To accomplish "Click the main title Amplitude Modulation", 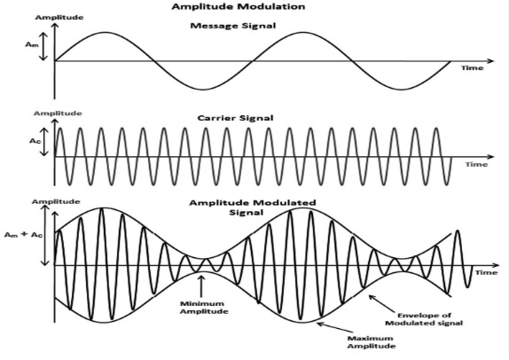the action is click(x=239, y=6).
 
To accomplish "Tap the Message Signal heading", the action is click(x=233, y=26).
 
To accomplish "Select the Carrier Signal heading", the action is click(x=235, y=118).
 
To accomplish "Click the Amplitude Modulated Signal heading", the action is click(x=253, y=207).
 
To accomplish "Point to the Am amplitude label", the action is click(x=32, y=44).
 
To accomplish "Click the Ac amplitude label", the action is click(x=35, y=141).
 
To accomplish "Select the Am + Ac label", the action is click(x=23, y=235).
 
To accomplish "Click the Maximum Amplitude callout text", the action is click(x=372, y=342).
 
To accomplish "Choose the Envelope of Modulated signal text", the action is click(x=424, y=319).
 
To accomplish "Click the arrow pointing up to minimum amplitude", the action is click(x=201, y=286).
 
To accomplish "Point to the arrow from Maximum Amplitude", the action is click(x=334, y=327).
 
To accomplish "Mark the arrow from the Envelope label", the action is click(x=383, y=302).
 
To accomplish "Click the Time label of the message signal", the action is click(x=473, y=68).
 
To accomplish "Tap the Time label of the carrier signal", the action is click(x=476, y=165).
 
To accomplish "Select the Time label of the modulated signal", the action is click(x=486, y=272).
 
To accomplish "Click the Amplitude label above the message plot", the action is click(x=59, y=17).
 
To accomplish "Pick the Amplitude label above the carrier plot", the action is click(x=58, y=113).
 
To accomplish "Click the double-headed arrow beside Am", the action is click(x=43, y=46).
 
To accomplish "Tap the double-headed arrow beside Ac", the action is click(x=45, y=142).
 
